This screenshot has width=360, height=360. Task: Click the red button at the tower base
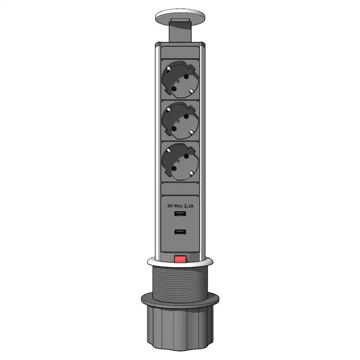[x=180, y=259]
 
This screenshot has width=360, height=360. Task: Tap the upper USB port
[x=180, y=214]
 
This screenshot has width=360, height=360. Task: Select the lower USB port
[x=180, y=232]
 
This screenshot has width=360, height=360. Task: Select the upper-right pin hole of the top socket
[x=186, y=77]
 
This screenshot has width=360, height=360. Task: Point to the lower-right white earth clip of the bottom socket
[x=191, y=173]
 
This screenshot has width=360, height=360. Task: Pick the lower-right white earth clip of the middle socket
[x=191, y=133]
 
